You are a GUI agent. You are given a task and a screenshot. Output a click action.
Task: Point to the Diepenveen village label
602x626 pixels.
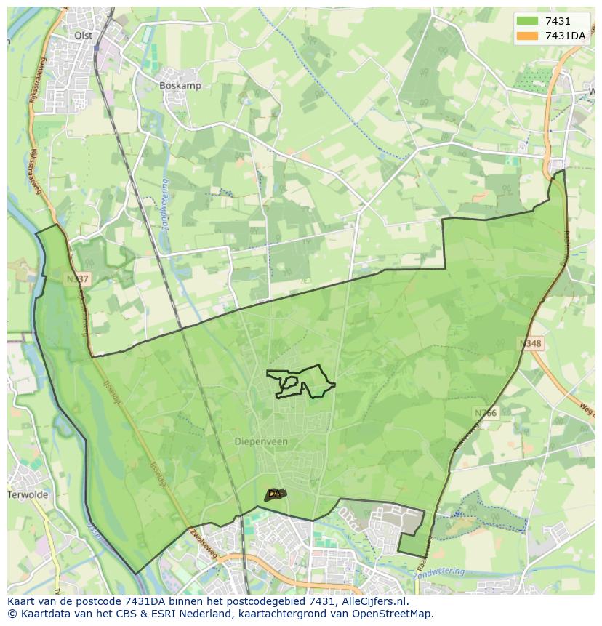tap(261, 441)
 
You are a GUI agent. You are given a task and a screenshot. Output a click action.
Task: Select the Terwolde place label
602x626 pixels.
tap(27, 494)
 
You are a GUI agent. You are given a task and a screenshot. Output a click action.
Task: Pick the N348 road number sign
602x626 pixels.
tap(531, 342)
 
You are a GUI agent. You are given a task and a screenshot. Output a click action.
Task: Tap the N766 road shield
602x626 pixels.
tap(485, 413)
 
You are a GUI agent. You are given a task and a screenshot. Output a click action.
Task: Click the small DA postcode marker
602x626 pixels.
tap(274, 494)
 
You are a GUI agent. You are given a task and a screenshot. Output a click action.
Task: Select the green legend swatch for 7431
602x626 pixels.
tap(528, 21)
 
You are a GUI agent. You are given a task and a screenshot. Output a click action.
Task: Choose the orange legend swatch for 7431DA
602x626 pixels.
tap(528, 36)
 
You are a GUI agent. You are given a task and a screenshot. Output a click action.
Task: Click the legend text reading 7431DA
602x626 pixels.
tap(566, 36)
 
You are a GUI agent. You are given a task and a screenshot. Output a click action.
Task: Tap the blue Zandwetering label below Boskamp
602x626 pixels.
tap(158, 204)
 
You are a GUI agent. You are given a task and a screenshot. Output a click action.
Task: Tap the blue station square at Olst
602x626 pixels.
tap(96, 48)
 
